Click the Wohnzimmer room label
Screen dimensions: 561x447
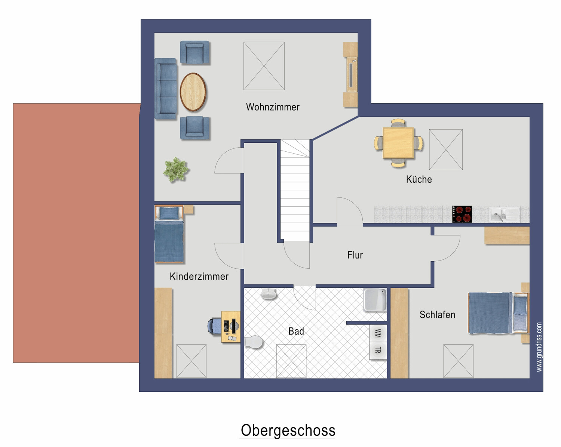[x=273, y=107]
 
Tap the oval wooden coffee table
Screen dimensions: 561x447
[x=193, y=92]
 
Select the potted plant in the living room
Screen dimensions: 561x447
[x=176, y=170]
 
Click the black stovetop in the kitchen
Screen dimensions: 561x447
[x=462, y=214]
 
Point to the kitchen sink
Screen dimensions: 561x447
[x=504, y=214]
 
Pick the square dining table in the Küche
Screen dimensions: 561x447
[x=398, y=143]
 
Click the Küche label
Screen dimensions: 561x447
[x=419, y=179]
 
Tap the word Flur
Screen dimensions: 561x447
[x=355, y=255]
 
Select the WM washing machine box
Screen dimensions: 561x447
[x=378, y=333]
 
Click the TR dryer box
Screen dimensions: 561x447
[x=378, y=351]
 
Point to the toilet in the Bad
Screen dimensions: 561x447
[x=254, y=342]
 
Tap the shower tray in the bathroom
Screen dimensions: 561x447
[x=375, y=300]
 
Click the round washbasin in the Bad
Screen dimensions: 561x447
[x=269, y=294]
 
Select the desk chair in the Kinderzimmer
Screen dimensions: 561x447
[x=215, y=326]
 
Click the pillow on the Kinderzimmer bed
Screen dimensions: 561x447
[x=169, y=213]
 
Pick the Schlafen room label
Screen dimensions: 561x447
[x=438, y=315]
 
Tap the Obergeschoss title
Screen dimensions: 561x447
[x=288, y=430]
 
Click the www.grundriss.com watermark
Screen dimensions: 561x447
[x=539, y=347]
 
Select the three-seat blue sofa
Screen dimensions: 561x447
[x=166, y=89]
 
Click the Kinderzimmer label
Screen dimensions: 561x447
[x=199, y=276]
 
